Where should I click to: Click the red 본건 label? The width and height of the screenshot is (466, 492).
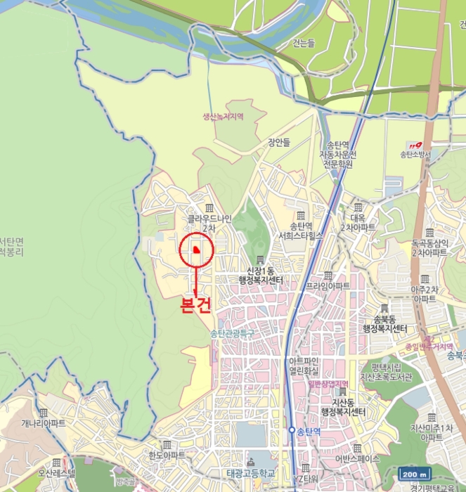click(196, 305)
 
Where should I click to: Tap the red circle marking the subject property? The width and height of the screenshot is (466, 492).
click(196, 249)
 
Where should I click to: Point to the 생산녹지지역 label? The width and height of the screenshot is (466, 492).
click(223, 117)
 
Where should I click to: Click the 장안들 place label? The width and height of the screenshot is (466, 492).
click(278, 142)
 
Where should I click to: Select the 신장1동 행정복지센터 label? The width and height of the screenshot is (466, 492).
click(265, 275)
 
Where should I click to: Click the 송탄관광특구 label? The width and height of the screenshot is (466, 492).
click(231, 332)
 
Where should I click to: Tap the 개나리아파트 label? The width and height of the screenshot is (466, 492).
click(44, 423)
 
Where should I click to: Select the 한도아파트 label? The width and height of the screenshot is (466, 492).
click(167, 455)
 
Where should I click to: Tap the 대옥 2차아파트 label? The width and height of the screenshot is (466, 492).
click(358, 223)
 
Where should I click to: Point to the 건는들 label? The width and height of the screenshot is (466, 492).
click(304, 44)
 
